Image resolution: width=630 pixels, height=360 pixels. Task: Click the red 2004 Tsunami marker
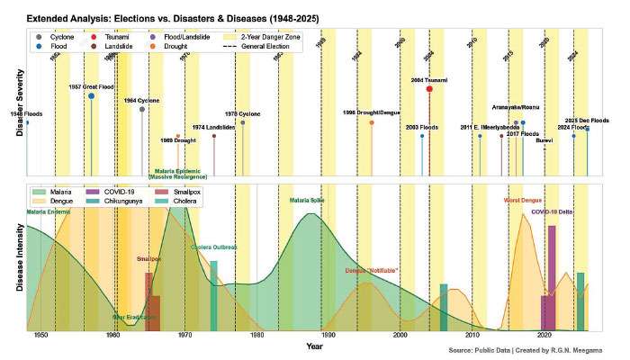click(429, 89)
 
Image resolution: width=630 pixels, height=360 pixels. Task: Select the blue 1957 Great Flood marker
click(92, 95)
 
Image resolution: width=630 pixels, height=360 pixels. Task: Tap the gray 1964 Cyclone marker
click(142, 109)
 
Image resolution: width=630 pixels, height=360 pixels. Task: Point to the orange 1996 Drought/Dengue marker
click(372, 122)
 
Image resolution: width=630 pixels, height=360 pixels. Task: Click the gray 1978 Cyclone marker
click(243, 122)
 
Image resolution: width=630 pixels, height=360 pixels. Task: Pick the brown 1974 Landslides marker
click(214, 136)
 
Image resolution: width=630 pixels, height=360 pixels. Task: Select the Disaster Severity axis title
click(19, 107)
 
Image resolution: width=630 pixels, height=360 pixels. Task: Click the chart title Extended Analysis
click(166, 17)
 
